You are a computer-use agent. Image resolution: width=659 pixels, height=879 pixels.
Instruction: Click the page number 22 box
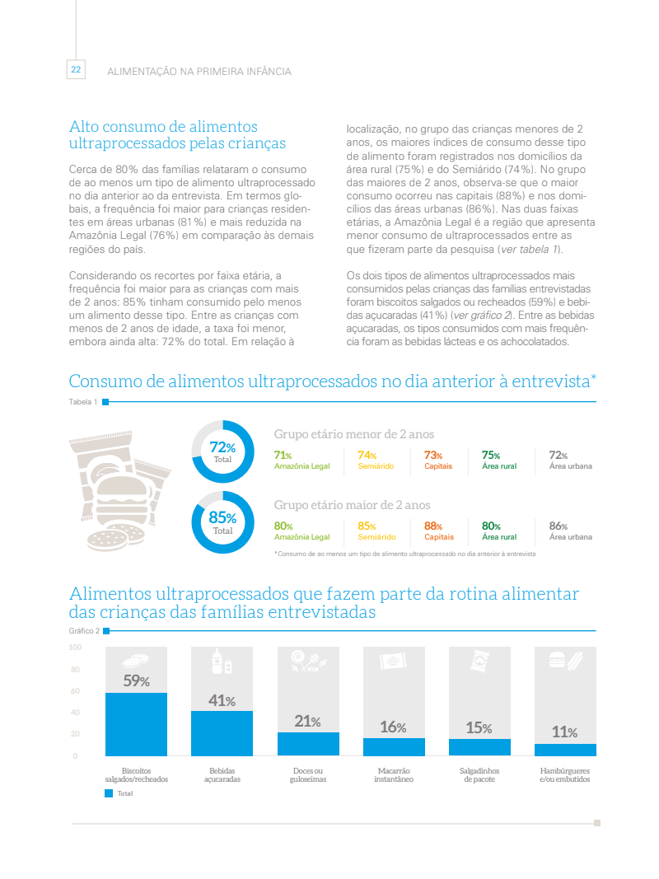pyautogui.click(x=76, y=70)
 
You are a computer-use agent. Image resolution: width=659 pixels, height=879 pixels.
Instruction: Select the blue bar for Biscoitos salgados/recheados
pyautogui.click(x=136, y=724)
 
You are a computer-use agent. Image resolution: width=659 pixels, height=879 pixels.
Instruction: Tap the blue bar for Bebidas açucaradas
pyautogui.click(x=222, y=733)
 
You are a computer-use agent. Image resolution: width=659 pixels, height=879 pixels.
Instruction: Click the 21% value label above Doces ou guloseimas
pyautogui.click(x=307, y=721)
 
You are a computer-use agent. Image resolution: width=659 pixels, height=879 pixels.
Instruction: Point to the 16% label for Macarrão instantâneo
pyautogui.click(x=394, y=727)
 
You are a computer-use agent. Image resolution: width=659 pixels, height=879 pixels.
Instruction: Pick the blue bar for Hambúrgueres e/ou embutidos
pyautogui.click(x=565, y=750)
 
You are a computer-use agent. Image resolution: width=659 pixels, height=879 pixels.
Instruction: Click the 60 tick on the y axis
pyautogui.click(x=74, y=691)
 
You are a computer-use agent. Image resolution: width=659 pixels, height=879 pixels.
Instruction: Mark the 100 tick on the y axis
pyautogui.click(x=74, y=648)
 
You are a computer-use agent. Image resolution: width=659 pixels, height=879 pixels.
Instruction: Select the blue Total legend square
pyautogui.click(x=109, y=793)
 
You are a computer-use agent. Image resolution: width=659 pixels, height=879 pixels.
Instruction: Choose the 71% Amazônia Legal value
pyautogui.click(x=283, y=456)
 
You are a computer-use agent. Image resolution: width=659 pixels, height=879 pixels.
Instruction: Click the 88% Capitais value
pyautogui.click(x=433, y=526)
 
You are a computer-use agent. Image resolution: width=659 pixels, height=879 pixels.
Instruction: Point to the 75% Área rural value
pyautogui.click(x=491, y=456)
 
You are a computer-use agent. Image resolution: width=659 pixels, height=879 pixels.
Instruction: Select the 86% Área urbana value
pyautogui.click(x=559, y=526)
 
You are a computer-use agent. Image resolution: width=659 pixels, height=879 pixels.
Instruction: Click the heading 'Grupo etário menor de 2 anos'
pyautogui.click(x=353, y=434)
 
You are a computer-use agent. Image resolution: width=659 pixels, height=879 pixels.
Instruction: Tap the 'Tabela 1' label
pyautogui.click(x=83, y=402)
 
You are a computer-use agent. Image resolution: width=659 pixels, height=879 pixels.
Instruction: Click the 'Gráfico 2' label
pyautogui.click(x=85, y=631)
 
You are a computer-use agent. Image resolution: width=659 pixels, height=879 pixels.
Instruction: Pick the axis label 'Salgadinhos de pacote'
pyautogui.click(x=479, y=774)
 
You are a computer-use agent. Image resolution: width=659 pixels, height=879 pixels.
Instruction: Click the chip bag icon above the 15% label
pyautogui.click(x=479, y=661)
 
